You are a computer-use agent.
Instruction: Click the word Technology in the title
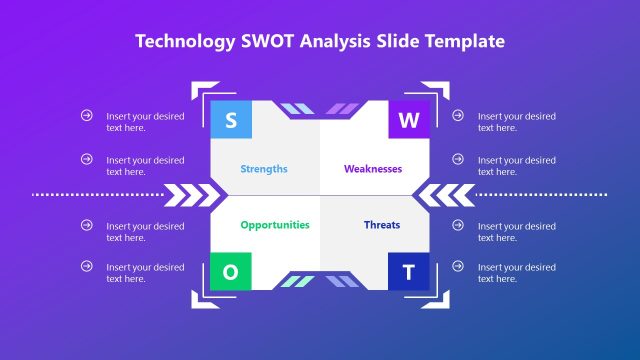[x=184, y=41]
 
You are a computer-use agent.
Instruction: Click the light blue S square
[x=231, y=121]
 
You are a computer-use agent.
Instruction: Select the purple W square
[x=408, y=121]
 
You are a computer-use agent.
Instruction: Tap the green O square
[x=231, y=271]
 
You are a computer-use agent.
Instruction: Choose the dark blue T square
[x=408, y=271]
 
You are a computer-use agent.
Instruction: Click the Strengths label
[x=264, y=169]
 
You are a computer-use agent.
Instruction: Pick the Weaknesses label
[x=373, y=169]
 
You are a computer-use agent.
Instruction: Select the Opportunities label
[x=275, y=225]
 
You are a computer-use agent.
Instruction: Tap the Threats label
[x=382, y=225]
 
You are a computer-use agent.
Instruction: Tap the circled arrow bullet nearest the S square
[x=87, y=116]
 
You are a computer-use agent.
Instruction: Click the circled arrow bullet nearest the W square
[x=458, y=116]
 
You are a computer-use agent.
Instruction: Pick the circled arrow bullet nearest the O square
[x=87, y=266]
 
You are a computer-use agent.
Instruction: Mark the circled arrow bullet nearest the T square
[x=458, y=266]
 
